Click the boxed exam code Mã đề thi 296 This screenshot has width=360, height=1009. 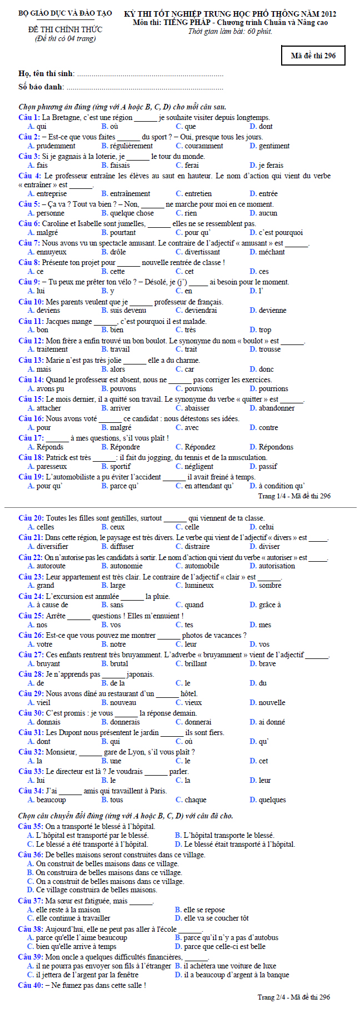[313, 56]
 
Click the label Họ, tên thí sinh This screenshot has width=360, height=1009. [46, 74]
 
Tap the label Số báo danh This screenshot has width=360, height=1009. [41, 87]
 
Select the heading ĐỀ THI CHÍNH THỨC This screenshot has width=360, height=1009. [65, 29]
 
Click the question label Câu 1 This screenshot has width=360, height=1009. [29, 117]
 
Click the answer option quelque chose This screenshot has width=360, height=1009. [132, 213]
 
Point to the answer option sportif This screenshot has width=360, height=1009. [121, 466]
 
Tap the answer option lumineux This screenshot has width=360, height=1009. [199, 585]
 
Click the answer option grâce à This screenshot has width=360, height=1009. [269, 605]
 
